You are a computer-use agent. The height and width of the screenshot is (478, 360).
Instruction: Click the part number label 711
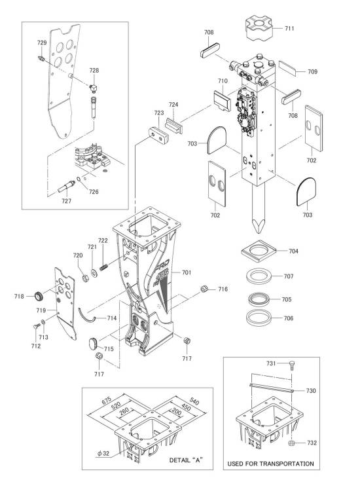pyautogui.click(x=289, y=28)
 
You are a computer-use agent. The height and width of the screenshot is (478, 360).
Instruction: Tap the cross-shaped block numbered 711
pyautogui.click(x=259, y=28)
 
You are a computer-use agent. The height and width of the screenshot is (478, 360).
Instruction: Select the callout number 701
pyautogui.click(x=187, y=272)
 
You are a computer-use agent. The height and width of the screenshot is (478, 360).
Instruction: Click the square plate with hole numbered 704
pyautogui.click(x=259, y=251)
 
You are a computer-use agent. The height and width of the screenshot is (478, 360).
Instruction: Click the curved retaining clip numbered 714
pyautogui.click(x=86, y=316)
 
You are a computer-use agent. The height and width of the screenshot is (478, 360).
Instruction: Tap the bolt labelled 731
pyautogui.click(x=292, y=365)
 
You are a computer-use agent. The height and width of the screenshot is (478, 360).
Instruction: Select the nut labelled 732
pyautogui.click(x=291, y=443)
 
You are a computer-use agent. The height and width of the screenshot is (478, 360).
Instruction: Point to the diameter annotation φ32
pyautogui.click(x=103, y=453)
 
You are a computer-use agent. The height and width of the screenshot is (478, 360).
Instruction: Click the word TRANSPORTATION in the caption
pyautogui.click(x=286, y=464)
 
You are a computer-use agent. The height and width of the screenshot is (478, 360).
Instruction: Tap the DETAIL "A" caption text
pyautogui.click(x=187, y=460)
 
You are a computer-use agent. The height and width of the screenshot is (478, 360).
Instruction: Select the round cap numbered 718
pyautogui.click(x=39, y=295)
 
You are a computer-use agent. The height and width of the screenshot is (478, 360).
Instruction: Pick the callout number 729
pyautogui.click(x=42, y=43)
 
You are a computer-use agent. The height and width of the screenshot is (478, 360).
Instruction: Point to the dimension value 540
pyautogui.click(x=194, y=401)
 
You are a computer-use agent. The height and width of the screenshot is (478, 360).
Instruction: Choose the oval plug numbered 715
pyautogui.click(x=93, y=344)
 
